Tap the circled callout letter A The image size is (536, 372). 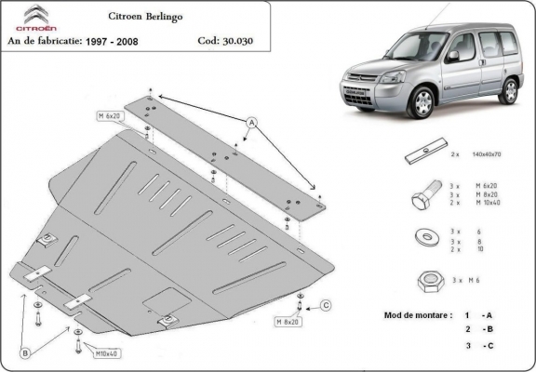point(250,122)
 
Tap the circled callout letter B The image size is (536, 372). point(27,352)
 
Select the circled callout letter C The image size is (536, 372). point(326,305)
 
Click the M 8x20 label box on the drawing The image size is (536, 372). point(288,322)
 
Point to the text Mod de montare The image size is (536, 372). point(418,314)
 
